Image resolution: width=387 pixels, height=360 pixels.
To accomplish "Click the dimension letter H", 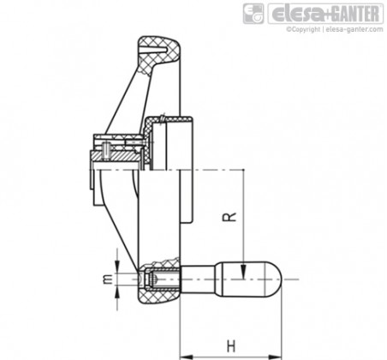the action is tap(231, 346).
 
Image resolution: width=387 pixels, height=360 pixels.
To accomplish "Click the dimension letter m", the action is tap(108, 279).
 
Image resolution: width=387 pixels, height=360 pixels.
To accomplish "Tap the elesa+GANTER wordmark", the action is tap(325, 14).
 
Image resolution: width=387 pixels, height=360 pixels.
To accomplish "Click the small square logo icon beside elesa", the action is tap(253, 14).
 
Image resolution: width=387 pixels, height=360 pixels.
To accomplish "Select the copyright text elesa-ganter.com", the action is tap(354, 29).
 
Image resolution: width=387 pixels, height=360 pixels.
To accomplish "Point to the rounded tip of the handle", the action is tap(277, 279).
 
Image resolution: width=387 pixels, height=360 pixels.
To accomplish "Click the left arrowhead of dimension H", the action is tap(187, 357).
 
